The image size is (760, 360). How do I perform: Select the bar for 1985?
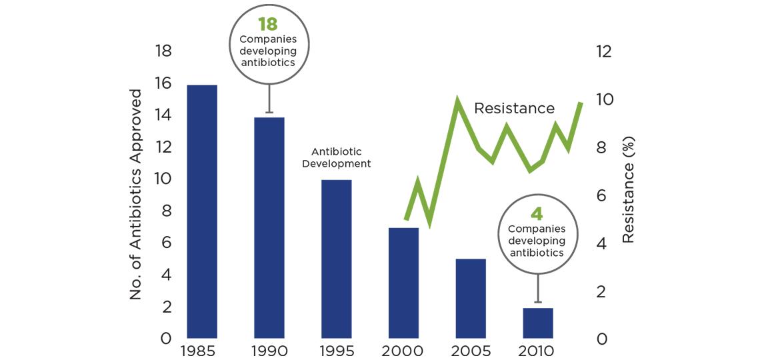[x=202, y=211]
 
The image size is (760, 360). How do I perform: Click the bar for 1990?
[x=269, y=227]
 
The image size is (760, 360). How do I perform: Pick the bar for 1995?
[x=336, y=259]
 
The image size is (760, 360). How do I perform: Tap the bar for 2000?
[x=403, y=283]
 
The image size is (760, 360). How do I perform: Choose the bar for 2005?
[x=471, y=298]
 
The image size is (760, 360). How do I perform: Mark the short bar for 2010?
[x=538, y=323]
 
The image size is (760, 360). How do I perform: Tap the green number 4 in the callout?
[x=537, y=215]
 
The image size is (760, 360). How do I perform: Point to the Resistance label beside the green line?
[x=514, y=108]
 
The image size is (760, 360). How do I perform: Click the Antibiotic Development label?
[x=336, y=157]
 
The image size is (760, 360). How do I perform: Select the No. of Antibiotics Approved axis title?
[x=136, y=193]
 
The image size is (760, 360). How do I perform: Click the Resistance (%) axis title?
[x=628, y=190]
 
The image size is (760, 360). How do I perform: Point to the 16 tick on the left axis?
[x=163, y=83]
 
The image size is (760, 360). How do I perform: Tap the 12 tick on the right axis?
[x=603, y=51]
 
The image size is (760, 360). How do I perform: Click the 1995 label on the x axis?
[x=336, y=351]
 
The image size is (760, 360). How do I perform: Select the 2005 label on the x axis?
[x=471, y=351]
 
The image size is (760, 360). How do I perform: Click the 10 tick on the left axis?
[x=163, y=179]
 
